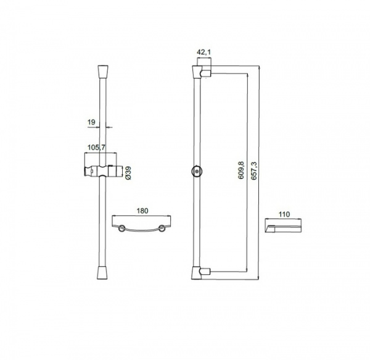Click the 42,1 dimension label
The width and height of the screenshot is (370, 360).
[x=203, y=52]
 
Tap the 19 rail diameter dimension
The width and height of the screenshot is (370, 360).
[x=91, y=122]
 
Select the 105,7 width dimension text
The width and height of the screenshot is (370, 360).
[x=96, y=148]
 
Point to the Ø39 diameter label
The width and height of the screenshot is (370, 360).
[x=128, y=173]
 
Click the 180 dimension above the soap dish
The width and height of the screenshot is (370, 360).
[x=142, y=211]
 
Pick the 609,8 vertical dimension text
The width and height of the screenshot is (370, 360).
[x=241, y=170]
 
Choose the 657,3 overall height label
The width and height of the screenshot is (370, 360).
[x=253, y=171]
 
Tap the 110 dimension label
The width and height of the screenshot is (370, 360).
[x=284, y=214]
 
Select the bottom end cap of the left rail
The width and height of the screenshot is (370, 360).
[x=102, y=273]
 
